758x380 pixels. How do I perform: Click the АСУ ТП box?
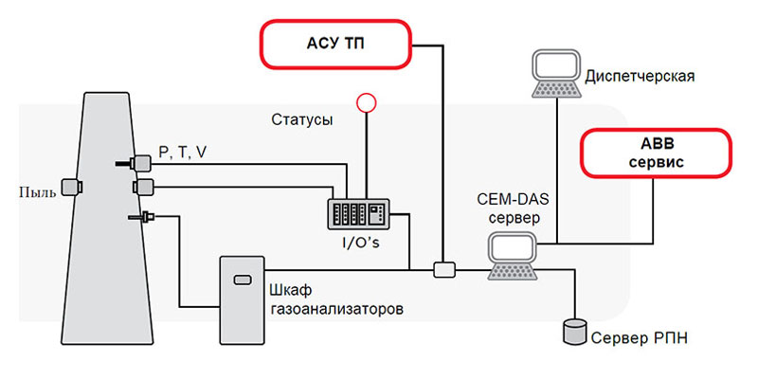point(337,44)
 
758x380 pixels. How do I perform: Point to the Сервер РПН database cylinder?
point(571,329)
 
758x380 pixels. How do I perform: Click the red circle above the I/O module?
point(365,102)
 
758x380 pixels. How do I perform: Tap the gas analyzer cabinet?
point(243,299)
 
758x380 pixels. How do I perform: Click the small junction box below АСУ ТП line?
point(443,270)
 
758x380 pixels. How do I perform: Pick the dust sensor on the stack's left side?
point(69,186)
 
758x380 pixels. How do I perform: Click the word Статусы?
point(301,121)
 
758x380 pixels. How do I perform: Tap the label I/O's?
point(361,243)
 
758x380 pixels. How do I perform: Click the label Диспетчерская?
point(641,75)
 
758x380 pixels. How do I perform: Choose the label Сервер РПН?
point(634,337)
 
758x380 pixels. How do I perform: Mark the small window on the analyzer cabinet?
point(243,278)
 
